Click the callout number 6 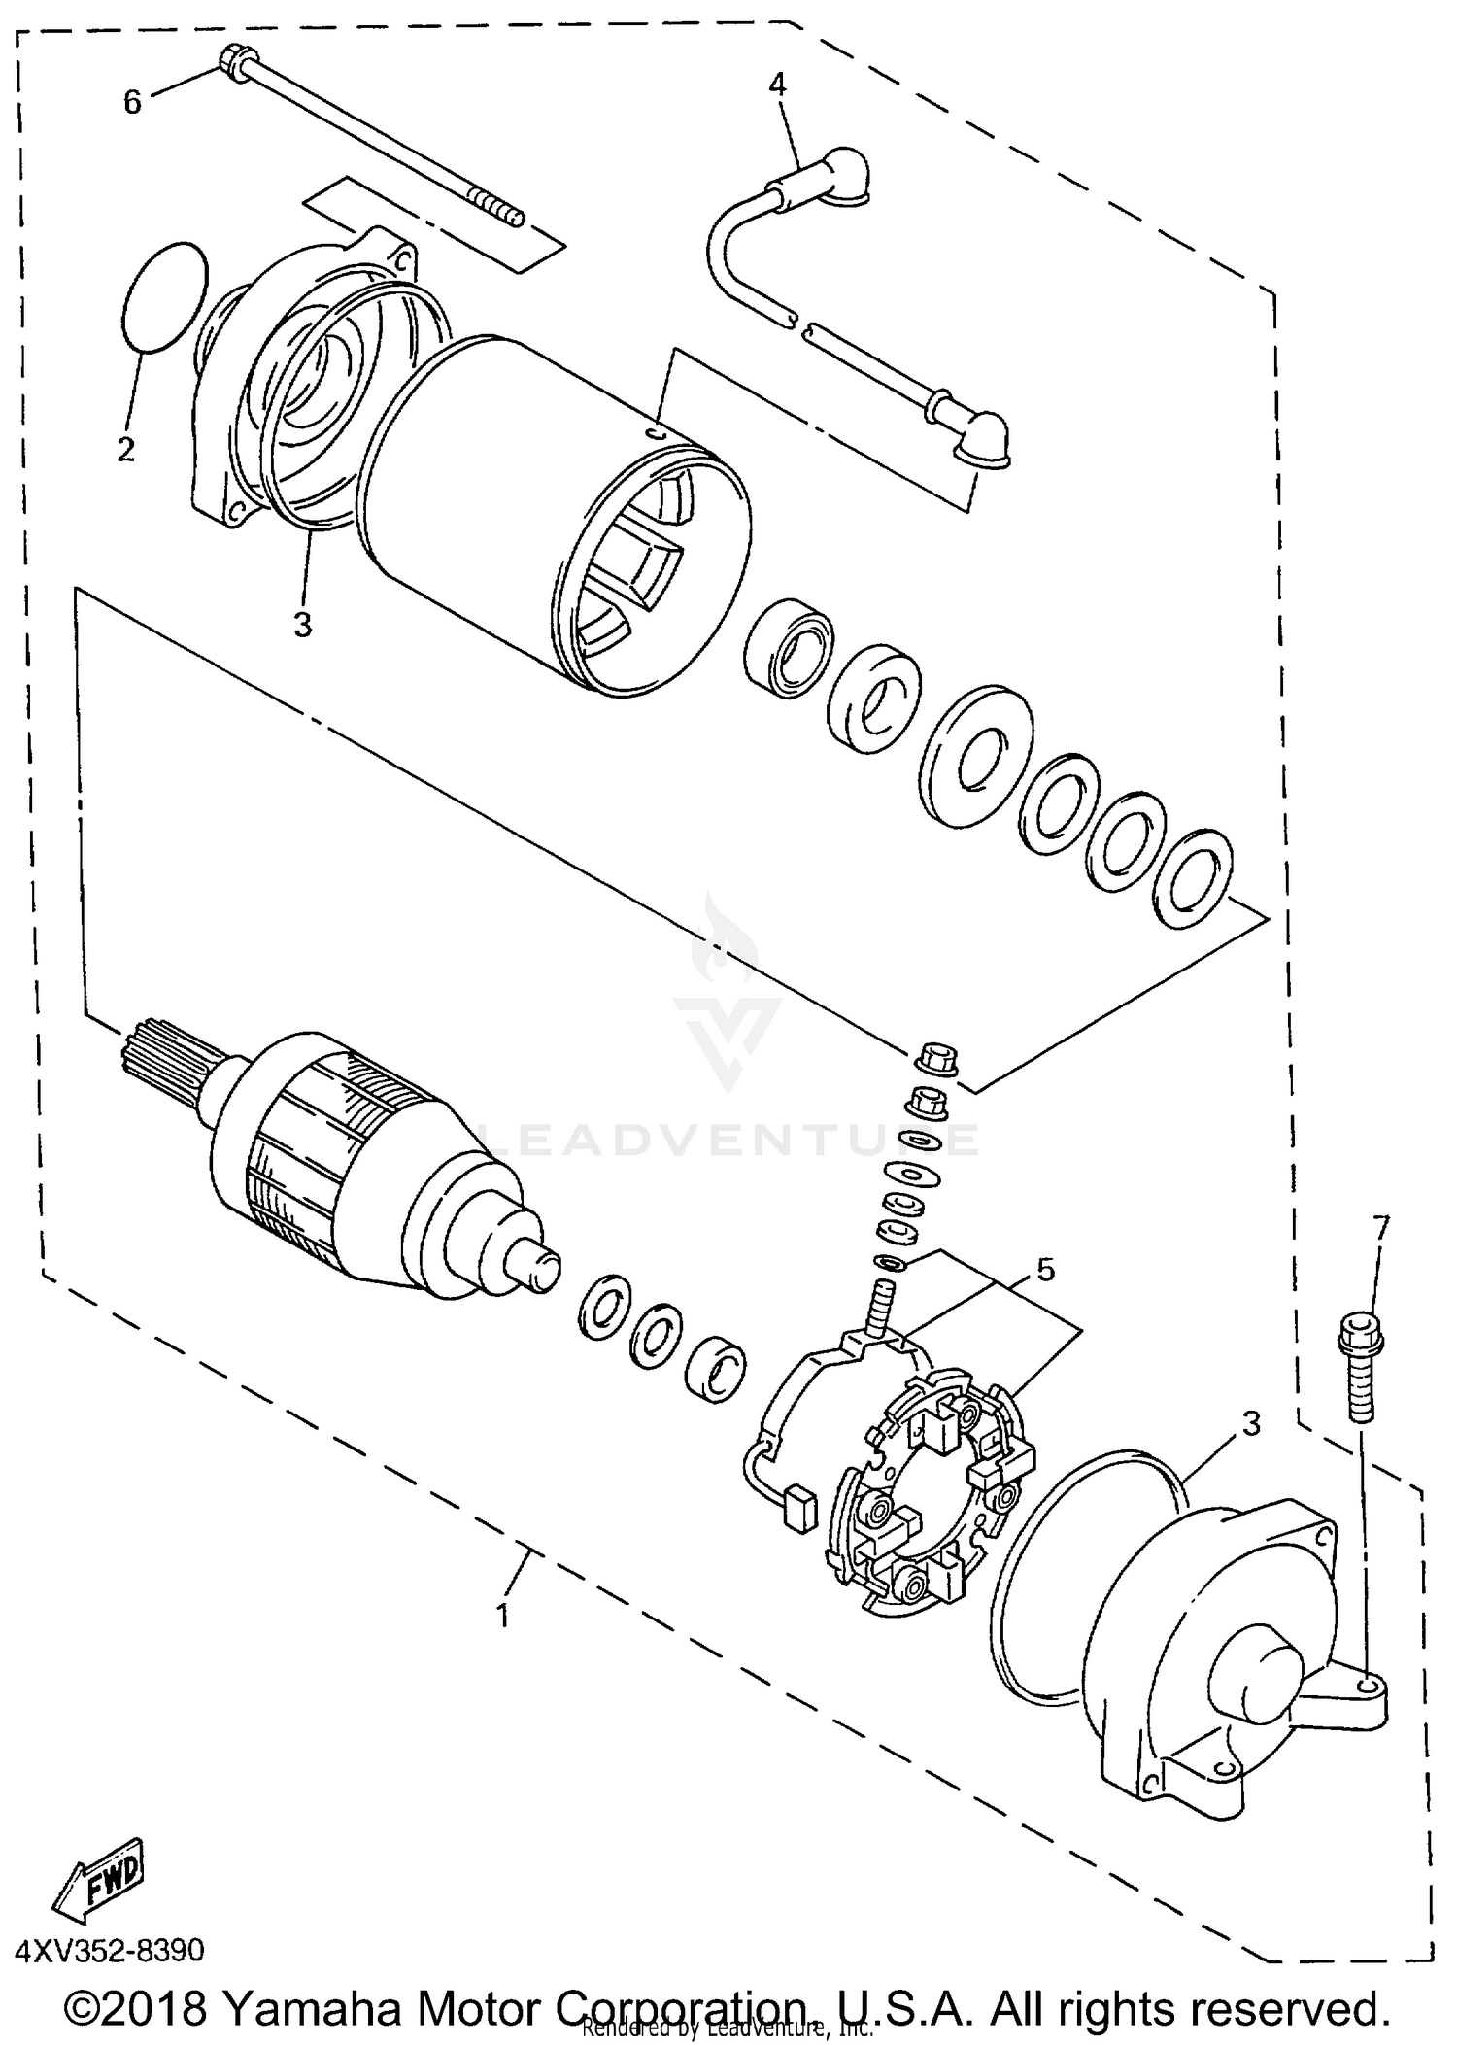pyautogui.click(x=132, y=101)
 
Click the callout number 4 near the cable pyautogui.click(x=777, y=85)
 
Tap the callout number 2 pyautogui.click(x=126, y=450)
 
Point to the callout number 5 pyautogui.click(x=1045, y=1269)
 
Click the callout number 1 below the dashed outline pyautogui.click(x=502, y=1616)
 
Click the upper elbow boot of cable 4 pyautogui.click(x=842, y=176)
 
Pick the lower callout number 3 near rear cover pyautogui.click(x=1251, y=1423)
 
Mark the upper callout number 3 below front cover pyautogui.click(x=303, y=625)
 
